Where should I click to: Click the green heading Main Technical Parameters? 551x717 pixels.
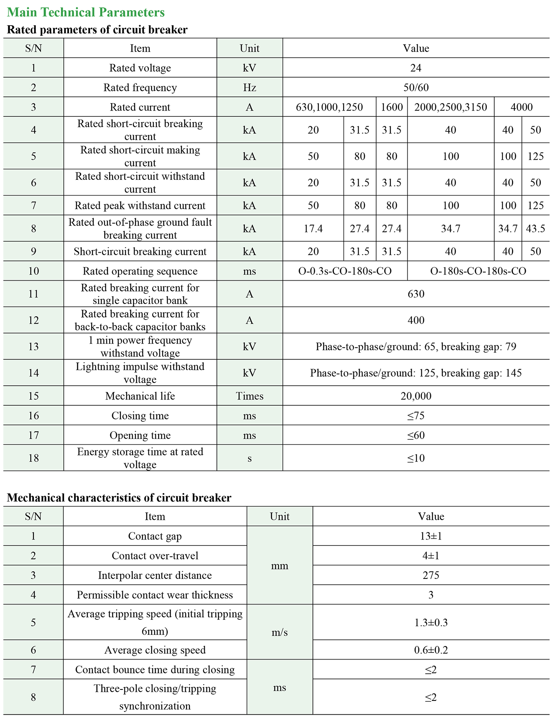(86, 12)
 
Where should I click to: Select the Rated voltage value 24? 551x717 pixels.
(416, 68)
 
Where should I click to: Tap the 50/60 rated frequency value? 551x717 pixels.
(416, 87)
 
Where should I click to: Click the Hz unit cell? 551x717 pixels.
(250, 87)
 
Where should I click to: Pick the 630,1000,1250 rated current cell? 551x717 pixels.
(329, 107)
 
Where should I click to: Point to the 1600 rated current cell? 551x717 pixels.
(392, 107)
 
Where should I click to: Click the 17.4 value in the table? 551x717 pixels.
(313, 229)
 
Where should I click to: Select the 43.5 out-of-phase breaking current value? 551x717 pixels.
(535, 229)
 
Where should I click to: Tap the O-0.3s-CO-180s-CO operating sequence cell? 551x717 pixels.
(345, 271)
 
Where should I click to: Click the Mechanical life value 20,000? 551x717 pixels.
(416, 396)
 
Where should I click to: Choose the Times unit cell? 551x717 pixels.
(250, 396)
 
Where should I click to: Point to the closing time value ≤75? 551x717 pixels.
(416, 416)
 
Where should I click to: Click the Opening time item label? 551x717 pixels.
(140, 435)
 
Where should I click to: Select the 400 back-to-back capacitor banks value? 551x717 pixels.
(416, 320)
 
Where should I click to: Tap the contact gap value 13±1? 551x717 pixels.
(431, 536)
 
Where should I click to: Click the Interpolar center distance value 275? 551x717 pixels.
(431, 575)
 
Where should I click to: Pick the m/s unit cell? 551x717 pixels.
(279, 632)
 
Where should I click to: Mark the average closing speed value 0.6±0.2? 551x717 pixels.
(431, 650)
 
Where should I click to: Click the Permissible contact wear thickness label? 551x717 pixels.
(155, 595)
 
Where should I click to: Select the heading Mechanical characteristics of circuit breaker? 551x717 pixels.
(119, 498)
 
